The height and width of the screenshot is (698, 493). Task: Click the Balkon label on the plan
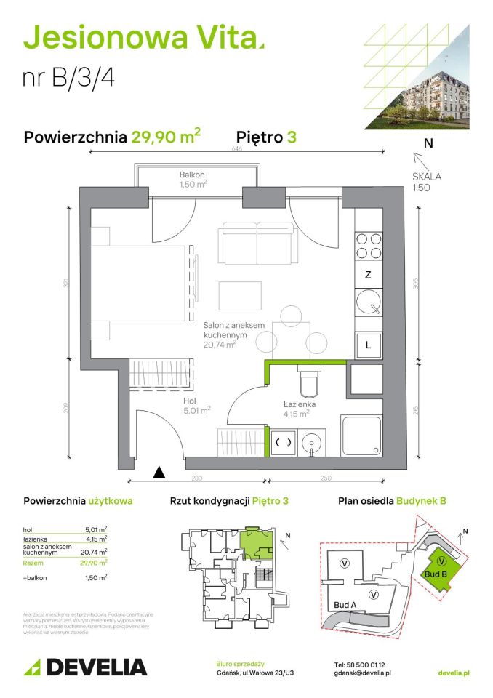pos(193,180)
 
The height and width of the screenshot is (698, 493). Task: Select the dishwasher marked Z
pos(368,275)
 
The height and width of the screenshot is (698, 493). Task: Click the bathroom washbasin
pos(314,440)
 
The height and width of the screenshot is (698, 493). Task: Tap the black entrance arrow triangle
pos(159,473)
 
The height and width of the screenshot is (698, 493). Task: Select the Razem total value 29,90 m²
pos(95,561)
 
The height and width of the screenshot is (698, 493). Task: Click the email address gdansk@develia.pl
pos(363,674)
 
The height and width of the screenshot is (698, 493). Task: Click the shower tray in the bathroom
pos(361,436)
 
